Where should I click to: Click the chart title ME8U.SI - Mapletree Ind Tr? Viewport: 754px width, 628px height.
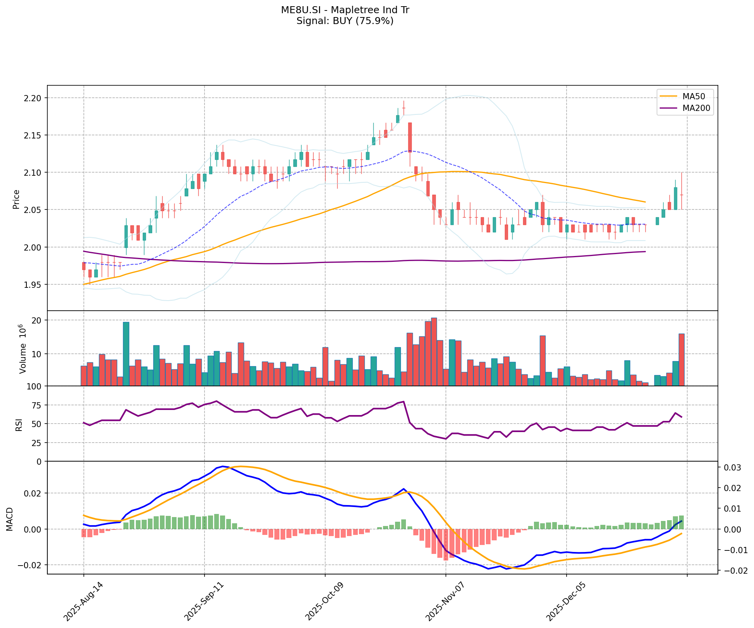pos(345,10)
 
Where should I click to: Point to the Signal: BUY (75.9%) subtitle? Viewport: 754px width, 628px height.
pos(345,21)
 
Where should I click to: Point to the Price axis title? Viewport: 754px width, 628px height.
pos(16,199)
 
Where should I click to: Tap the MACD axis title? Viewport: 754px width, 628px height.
pos(9,519)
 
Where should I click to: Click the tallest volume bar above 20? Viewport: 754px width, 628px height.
pos(434,352)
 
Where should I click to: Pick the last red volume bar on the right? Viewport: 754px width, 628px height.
pos(681,360)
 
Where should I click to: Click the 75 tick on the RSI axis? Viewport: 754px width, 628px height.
pos(38,405)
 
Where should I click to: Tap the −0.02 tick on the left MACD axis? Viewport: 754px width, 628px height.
pos(31,565)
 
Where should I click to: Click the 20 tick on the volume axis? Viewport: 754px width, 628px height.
pos(38,320)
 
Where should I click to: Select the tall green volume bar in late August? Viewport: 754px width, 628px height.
pos(126,354)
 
